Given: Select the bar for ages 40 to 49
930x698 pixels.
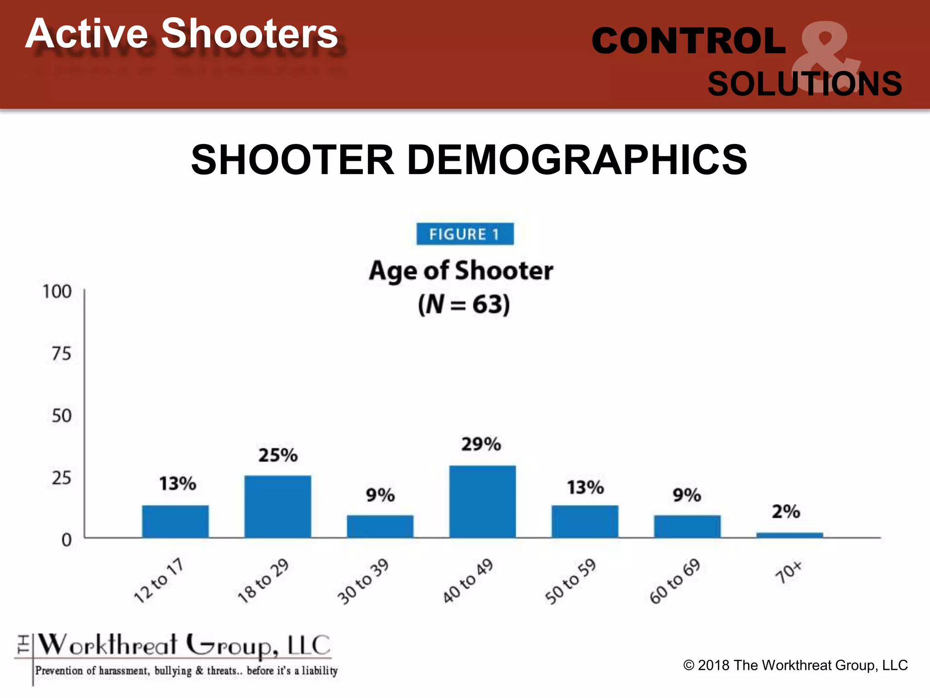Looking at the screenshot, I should pos(482,502).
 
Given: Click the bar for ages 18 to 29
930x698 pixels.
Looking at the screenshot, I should pos(277,506).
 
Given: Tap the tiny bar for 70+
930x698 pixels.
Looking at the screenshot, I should pos(789,535).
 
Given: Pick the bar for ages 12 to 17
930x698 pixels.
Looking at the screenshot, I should pos(175,521).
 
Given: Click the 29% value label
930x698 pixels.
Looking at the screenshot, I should pos(481,444).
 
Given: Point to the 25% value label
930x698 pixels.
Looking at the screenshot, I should pos(278,455).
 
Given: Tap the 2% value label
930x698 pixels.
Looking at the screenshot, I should pos(786,512).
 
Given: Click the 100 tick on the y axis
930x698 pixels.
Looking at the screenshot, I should pos(57,292).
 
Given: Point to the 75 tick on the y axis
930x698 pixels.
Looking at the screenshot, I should pos(61,354).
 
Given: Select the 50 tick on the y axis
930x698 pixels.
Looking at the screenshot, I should pos(61,416).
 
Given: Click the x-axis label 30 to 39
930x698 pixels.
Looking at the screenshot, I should pos(363,582).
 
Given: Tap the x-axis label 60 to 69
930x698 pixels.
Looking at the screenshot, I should pos(675,582).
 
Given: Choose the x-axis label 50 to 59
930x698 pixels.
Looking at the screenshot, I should pos(570,582).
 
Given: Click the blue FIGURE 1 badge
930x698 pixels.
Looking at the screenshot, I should pos(465,234).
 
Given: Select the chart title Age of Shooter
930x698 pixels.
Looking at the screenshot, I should pos(461,271).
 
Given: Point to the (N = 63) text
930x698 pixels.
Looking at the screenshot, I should pos(464,304).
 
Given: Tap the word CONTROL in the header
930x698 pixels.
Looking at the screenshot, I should pos(688,41).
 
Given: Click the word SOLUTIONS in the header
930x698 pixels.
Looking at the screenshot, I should pos(805,84).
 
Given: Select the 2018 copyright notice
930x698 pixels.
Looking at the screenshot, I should pos(795,665).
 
